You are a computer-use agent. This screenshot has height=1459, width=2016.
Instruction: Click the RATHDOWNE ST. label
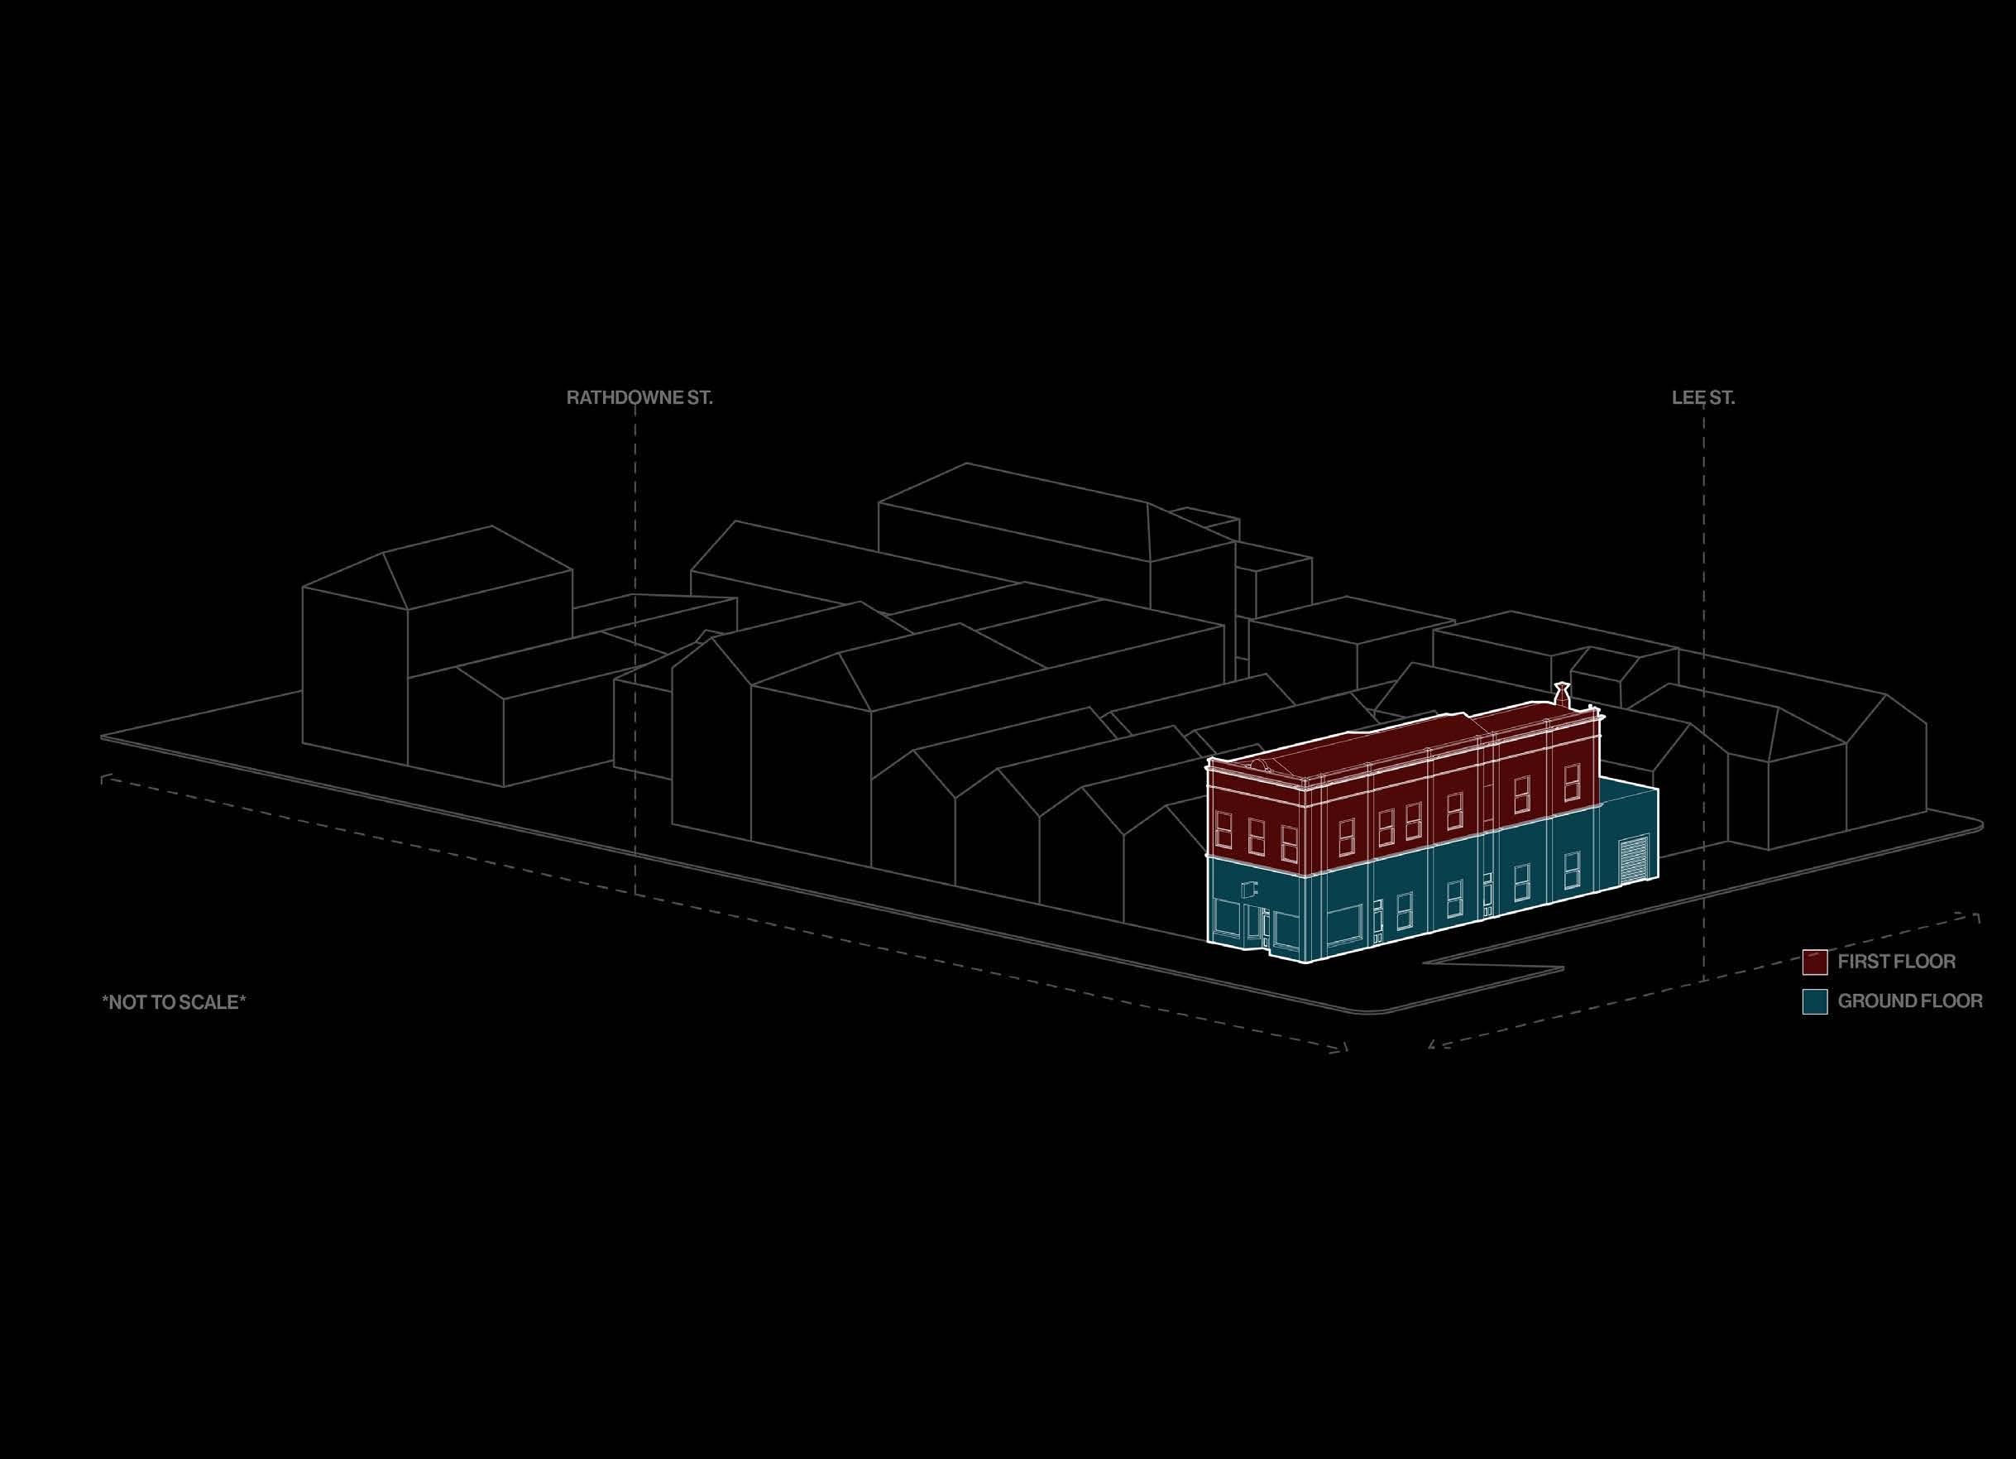click(x=639, y=397)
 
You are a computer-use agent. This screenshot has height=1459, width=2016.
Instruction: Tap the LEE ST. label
click(x=1703, y=397)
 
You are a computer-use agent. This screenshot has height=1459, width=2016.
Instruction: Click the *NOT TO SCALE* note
click(x=175, y=1002)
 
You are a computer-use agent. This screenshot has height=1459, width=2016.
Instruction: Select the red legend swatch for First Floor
click(x=1814, y=961)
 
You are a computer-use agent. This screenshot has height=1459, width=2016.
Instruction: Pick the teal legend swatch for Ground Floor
click(x=1814, y=1001)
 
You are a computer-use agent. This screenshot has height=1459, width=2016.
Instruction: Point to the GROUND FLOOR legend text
click(x=1910, y=1001)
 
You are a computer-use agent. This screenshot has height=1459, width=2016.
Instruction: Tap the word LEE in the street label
click(x=1687, y=397)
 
